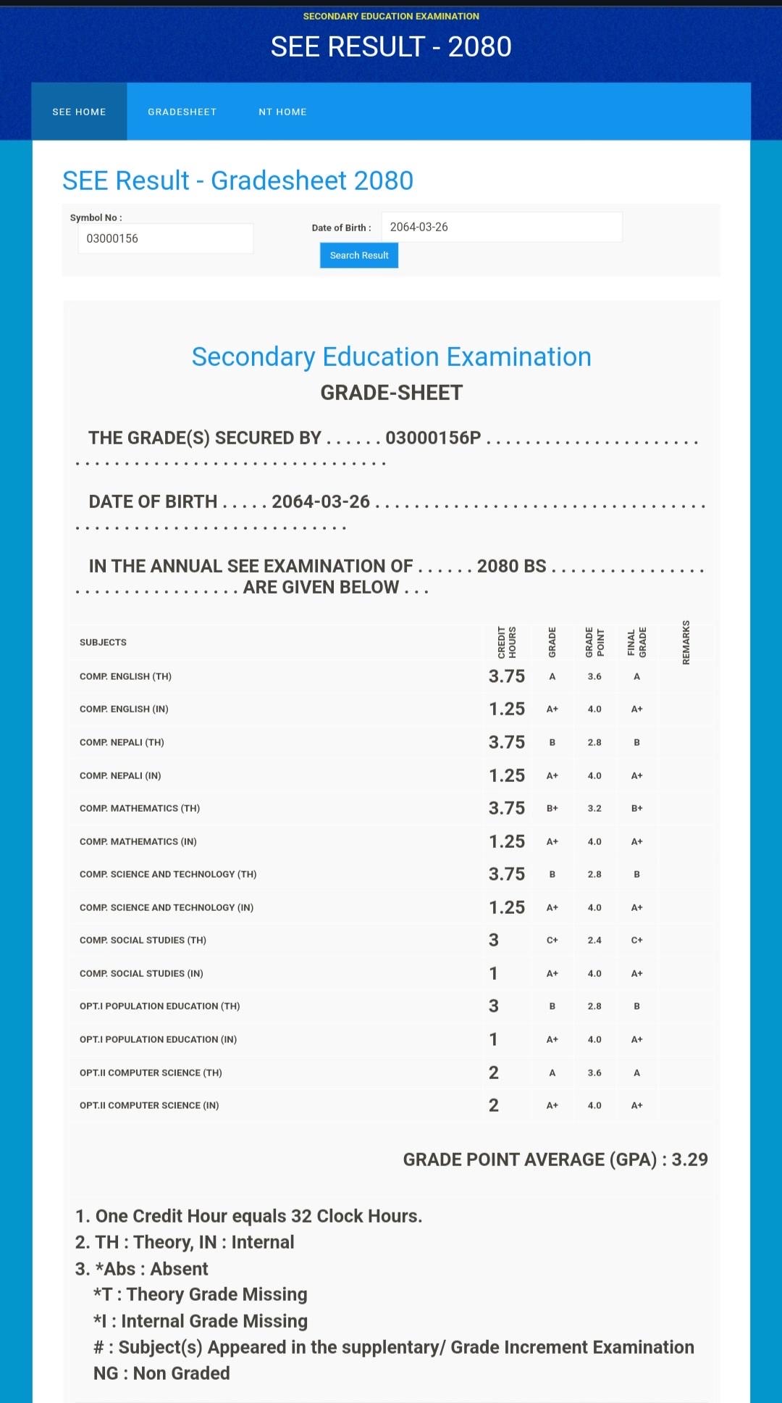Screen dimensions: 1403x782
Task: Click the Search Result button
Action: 359,255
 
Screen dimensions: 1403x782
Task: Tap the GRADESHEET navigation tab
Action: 182,112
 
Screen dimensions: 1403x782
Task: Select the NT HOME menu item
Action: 282,112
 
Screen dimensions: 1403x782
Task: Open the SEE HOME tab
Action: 79,112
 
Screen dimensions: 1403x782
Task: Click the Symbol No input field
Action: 165,238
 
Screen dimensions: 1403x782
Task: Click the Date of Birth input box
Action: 501,227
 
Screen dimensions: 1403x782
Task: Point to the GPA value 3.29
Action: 689,1160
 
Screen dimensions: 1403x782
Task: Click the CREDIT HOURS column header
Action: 507,642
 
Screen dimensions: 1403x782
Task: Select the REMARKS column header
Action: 686,642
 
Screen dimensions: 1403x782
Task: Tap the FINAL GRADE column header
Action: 637,642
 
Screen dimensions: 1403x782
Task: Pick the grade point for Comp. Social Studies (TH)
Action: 594,940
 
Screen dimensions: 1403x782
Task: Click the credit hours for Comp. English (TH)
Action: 507,676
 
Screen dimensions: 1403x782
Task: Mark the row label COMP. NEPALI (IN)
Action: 120,775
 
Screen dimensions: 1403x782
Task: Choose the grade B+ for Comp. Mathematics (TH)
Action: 552,808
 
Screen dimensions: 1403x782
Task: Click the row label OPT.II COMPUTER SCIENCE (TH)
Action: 151,1073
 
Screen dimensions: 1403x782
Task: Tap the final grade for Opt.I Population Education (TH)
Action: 636,1006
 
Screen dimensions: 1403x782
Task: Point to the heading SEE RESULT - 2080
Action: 391,46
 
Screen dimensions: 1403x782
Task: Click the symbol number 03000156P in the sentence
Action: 433,438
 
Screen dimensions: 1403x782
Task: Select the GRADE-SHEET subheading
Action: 391,393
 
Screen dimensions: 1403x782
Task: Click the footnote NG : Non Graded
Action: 161,1373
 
